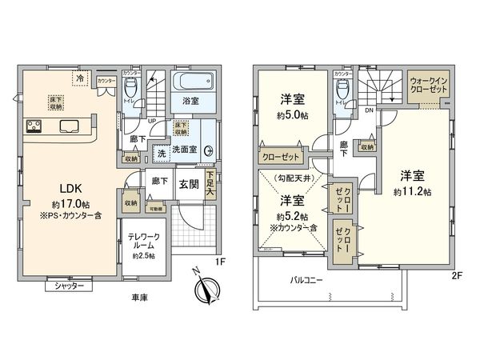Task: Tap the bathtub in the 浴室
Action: coord(192,83)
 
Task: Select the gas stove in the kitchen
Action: coord(35,126)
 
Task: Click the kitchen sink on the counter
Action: coord(66,126)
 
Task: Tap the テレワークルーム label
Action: coord(145,242)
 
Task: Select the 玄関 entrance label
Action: coord(189,182)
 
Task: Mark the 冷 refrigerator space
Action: coord(79,78)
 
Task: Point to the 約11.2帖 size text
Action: coord(412,192)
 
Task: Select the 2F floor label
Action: coord(458,274)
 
